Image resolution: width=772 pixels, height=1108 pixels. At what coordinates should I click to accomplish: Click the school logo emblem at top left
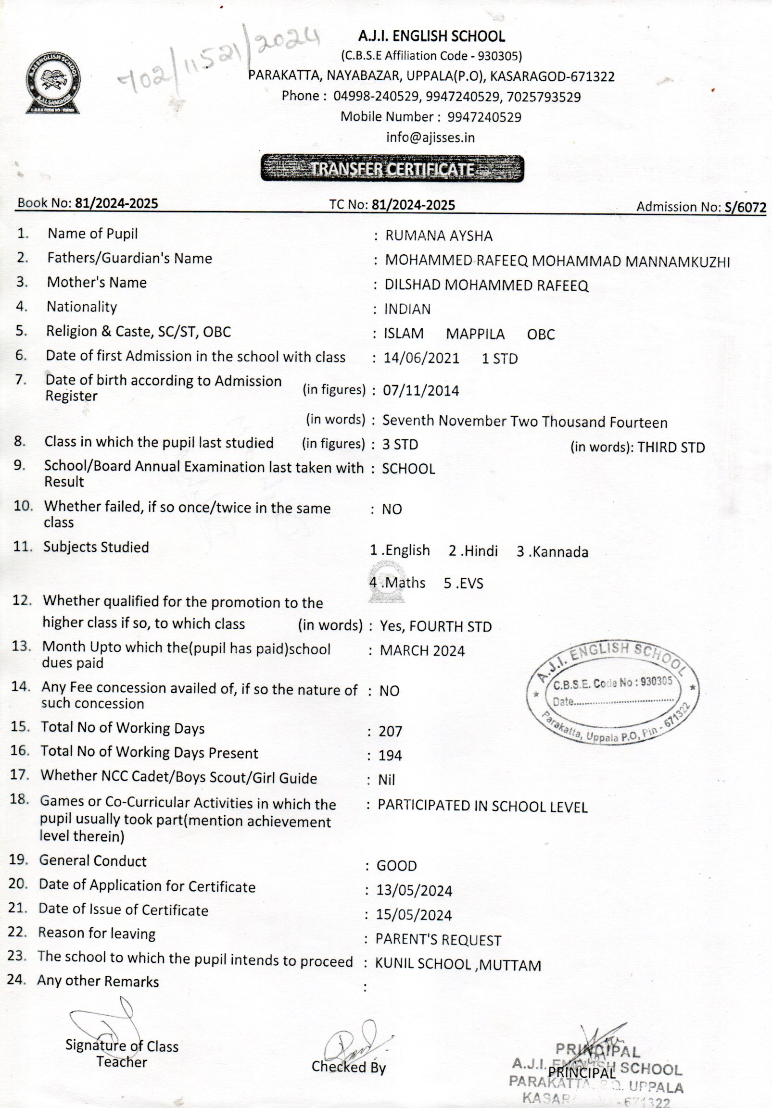coord(52,83)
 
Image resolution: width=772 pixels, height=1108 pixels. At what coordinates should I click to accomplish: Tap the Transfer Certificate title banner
coord(392,168)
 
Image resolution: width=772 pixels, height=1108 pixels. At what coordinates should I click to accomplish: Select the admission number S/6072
coord(745,208)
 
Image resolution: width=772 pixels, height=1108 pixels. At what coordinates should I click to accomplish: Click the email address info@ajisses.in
coord(430,137)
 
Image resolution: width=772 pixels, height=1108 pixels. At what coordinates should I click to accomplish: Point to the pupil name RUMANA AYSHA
coord(438,236)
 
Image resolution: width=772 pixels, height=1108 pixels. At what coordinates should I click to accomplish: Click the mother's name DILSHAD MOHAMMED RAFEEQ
coord(486,285)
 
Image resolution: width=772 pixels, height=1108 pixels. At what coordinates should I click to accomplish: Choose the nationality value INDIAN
coord(407,310)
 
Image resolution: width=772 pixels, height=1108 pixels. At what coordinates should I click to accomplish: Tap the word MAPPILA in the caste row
coord(475,334)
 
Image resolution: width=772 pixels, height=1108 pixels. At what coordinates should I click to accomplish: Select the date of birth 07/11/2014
coord(420,390)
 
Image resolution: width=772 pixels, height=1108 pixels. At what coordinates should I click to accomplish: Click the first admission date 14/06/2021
coord(421,359)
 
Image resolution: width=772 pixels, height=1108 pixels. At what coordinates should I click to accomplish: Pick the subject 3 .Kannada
coord(552,551)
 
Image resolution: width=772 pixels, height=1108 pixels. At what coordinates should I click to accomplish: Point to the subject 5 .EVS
coord(464,584)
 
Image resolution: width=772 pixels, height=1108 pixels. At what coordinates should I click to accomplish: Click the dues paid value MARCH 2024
coord(422,650)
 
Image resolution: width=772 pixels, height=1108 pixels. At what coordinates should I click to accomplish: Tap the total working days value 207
coord(390,732)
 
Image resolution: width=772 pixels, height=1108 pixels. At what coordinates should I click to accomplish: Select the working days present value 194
coord(390,755)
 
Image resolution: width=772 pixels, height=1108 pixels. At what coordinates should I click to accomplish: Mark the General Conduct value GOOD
coord(396,866)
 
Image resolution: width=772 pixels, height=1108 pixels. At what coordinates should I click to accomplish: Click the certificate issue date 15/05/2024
coord(414,915)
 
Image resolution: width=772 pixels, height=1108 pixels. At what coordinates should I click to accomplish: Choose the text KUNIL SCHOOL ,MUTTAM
coord(458,965)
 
